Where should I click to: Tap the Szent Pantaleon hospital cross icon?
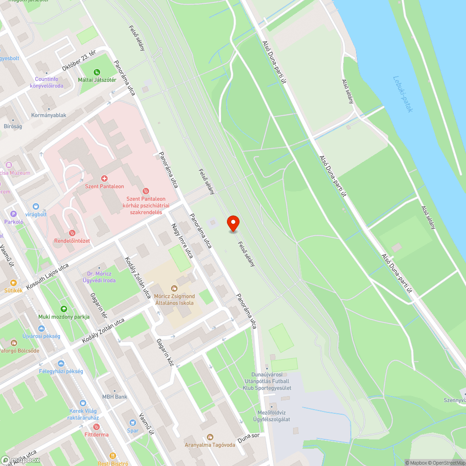coord(104,178)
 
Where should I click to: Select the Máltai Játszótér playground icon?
coord(97,72)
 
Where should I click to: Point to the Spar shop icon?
coord(133,423)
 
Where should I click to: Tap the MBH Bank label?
coord(115,397)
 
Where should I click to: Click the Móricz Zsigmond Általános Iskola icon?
coord(174,288)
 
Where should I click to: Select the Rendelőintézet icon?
coord(72,233)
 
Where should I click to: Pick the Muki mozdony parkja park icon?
coord(63,308)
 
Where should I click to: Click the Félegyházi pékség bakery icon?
coord(61,363)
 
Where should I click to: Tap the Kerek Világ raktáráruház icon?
coord(83,403)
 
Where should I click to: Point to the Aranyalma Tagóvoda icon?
coord(210,437)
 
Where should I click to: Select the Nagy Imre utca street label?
coord(182,240)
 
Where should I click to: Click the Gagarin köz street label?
coord(165,352)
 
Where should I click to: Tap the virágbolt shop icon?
coord(35,206)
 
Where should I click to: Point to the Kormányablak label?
coord(48,115)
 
